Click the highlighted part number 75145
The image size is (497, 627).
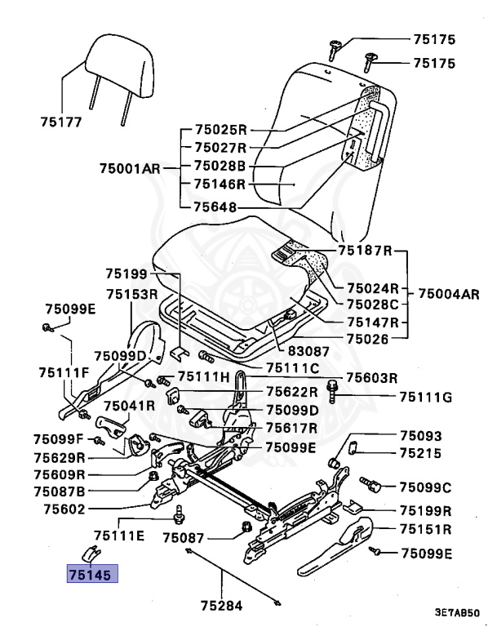92,573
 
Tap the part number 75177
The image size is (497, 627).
61,123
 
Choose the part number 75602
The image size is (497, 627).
64,509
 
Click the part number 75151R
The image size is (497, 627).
426,529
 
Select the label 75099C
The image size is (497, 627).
425,487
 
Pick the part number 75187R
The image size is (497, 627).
366,250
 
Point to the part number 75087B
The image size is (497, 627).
60,491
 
